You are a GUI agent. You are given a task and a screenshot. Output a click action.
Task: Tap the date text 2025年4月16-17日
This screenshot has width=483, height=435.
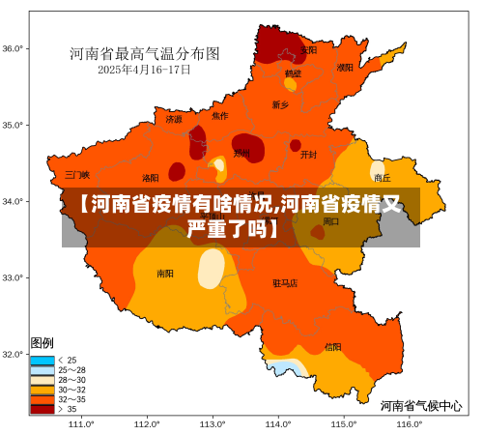click(x=144, y=70)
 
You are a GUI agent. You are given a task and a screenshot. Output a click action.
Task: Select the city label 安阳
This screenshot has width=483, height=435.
click(x=309, y=49)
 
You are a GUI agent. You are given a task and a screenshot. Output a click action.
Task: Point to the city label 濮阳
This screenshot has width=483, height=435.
click(x=345, y=68)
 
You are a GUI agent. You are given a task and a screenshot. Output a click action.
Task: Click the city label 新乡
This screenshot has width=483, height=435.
click(x=280, y=104)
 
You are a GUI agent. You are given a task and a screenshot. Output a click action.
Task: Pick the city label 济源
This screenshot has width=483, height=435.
click(x=174, y=120)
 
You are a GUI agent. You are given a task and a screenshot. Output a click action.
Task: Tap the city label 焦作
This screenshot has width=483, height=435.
click(x=220, y=116)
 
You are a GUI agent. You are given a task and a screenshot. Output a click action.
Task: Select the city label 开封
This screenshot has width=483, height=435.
click(x=308, y=154)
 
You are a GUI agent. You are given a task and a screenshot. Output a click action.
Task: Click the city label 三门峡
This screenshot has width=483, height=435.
click(x=77, y=175)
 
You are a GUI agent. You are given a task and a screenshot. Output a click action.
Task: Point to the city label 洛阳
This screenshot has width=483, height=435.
click(x=151, y=178)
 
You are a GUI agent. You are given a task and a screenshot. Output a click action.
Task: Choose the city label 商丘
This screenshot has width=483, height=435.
click(x=383, y=178)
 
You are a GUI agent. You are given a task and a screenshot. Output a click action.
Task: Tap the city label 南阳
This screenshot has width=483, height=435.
click(x=165, y=274)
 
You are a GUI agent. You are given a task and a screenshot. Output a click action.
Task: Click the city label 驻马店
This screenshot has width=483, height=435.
click(x=285, y=283)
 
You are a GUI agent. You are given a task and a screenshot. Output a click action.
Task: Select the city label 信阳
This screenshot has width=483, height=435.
click(x=332, y=346)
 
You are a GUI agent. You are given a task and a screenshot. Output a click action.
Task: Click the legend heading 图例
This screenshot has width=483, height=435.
click(x=43, y=343)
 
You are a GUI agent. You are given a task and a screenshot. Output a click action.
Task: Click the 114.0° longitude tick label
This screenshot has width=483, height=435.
click(x=278, y=423)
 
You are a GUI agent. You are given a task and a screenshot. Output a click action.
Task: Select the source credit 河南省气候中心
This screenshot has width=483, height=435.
click(x=420, y=406)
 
